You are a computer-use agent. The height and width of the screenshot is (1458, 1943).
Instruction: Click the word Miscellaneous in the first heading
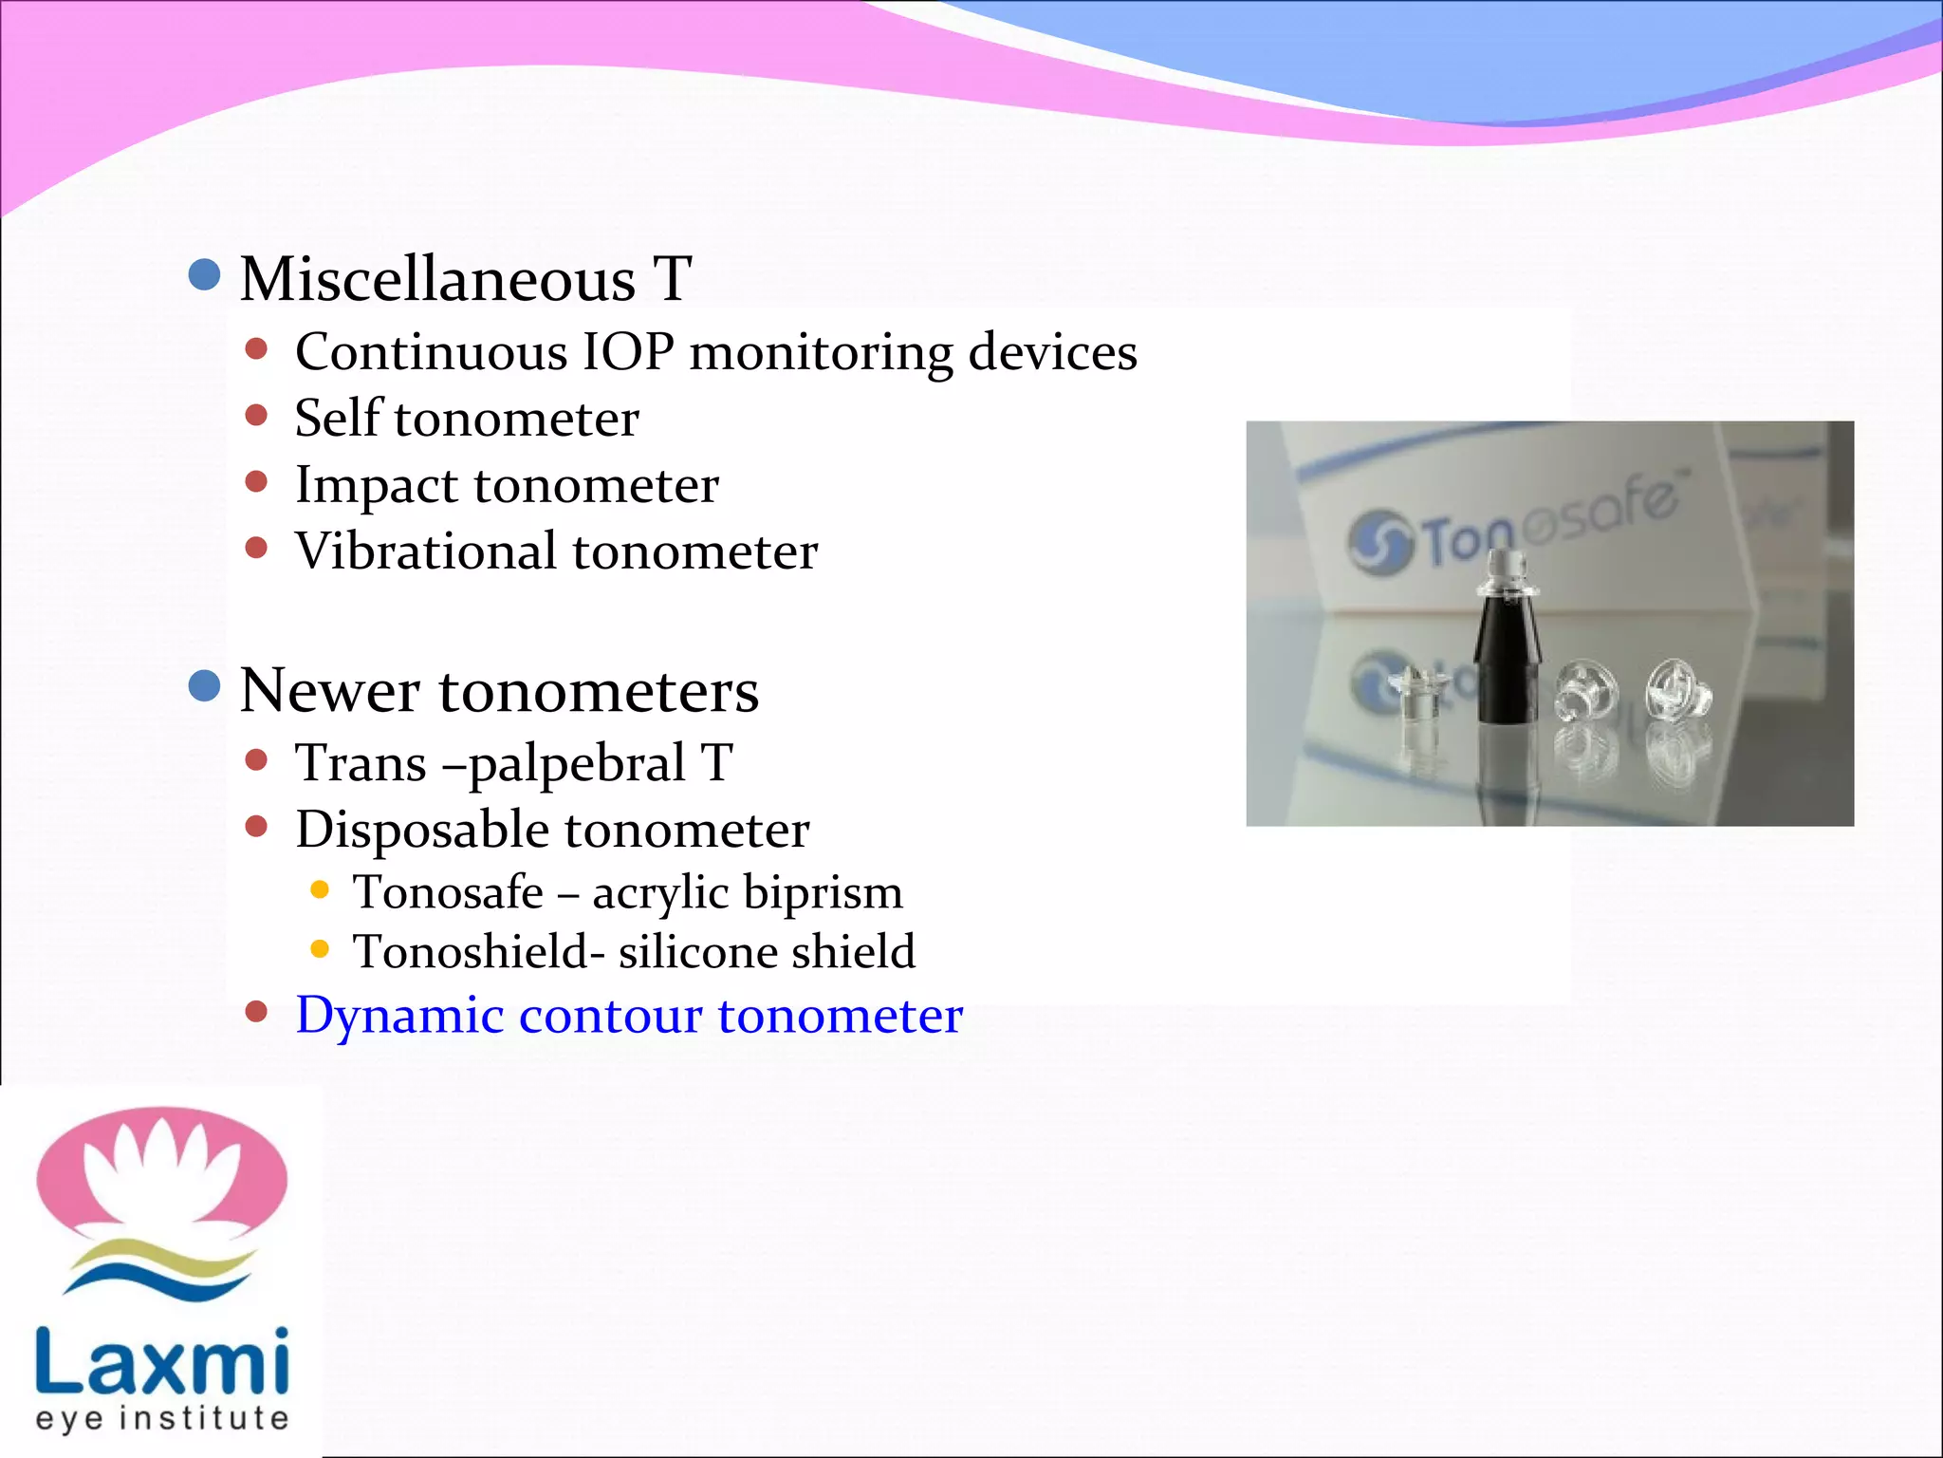tap(437, 280)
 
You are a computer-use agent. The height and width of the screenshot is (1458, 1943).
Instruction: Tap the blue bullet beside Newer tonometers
tap(205, 685)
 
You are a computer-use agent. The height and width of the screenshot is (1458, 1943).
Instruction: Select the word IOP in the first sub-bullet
tap(627, 352)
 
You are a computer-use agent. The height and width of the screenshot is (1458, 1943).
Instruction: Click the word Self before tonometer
tap(338, 418)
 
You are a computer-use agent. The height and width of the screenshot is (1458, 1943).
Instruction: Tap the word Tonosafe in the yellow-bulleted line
tap(448, 892)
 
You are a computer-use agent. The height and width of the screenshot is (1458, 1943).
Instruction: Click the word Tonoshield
tap(471, 952)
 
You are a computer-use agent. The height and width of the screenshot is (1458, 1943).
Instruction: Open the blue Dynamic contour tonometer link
tap(629, 1016)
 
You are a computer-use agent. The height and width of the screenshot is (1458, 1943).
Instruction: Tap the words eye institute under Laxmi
tap(161, 1419)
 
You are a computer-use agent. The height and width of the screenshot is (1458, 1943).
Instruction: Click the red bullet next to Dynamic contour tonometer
tap(256, 1012)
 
